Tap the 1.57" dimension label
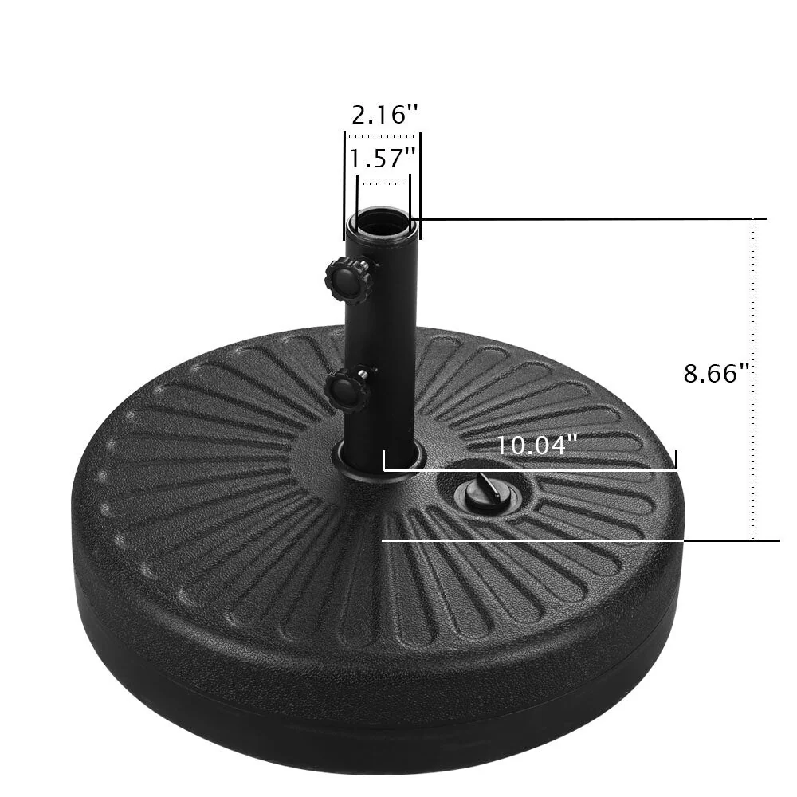383,158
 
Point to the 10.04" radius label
536,445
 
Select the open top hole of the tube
383,219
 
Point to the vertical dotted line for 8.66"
753,379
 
